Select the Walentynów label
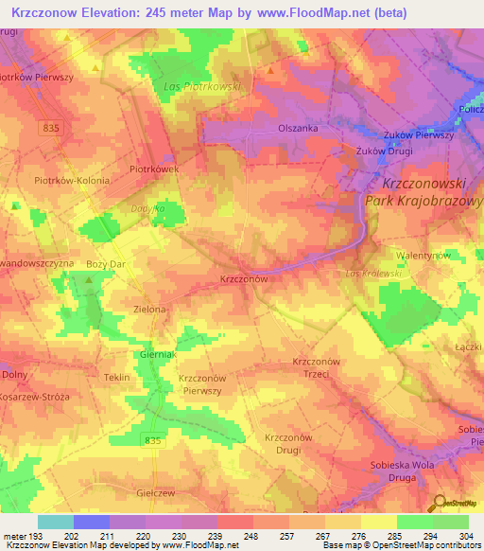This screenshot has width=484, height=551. coord(421,256)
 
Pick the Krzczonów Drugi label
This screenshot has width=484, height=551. coord(288,443)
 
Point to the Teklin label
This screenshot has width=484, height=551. coord(116,377)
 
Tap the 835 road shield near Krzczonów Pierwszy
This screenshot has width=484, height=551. coord(154,414)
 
